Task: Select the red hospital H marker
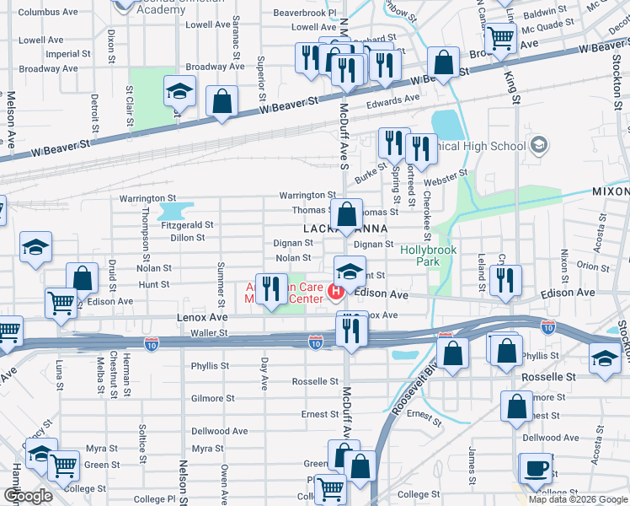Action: tap(337, 293)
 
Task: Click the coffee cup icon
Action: tap(536, 468)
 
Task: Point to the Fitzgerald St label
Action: tap(187, 225)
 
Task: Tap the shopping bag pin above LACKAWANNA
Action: tap(346, 216)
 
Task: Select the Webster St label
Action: tap(447, 177)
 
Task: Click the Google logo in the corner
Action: tap(28, 495)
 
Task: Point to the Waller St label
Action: tap(209, 333)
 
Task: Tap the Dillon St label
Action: tap(188, 238)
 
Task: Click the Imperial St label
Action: tap(62, 54)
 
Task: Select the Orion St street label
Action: tap(593, 266)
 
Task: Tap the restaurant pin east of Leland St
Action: tap(505, 280)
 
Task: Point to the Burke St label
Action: tap(370, 174)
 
